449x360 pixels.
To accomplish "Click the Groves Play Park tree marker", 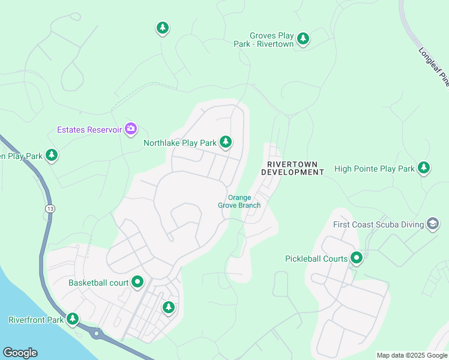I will point(303,39).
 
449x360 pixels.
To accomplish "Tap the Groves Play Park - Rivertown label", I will point(272,40).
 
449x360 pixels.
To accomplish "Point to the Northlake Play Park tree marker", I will point(226,142).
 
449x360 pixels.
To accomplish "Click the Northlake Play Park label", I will point(180,143).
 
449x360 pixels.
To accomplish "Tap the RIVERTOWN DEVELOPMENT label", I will point(292,168).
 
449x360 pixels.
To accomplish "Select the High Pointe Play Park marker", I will point(424,168).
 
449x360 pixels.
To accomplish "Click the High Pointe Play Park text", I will point(375,169).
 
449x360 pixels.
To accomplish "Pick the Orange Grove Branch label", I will point(239,202).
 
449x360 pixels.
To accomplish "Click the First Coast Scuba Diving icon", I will point(432,224).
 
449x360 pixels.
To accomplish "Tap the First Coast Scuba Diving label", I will point(378,225).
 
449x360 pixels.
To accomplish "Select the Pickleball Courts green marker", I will point(357,258).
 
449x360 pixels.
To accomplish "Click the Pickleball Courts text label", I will point(316,259).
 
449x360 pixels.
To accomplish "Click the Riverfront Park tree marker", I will point(73,319).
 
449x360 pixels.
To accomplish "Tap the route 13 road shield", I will point(47,208).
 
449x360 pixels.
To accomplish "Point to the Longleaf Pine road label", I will point(433,66).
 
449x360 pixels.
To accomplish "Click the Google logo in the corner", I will point(20,353).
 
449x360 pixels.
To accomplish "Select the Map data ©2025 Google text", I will point(412,355).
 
